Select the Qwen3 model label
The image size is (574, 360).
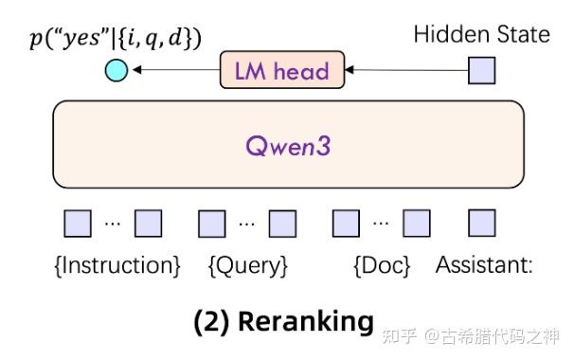tap(289, 147)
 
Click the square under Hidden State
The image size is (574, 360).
tap(482, 69)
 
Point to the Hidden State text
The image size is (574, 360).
tap(481, 35)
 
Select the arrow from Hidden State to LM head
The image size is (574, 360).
tap(407, 69)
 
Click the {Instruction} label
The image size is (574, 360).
tap(117, 265)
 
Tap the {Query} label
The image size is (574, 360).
tap(247, 265)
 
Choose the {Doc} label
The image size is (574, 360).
tap(381, 265)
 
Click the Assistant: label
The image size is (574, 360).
tap(483, 265)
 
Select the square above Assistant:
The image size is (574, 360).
tap(482, 223)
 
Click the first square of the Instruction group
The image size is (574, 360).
tap(78, 223)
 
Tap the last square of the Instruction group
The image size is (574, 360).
tap(148, 223)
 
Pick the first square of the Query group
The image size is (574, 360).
tap(212, 223)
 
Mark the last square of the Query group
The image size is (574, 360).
tap(282, 223)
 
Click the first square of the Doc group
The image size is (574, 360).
tap(346, 223)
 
